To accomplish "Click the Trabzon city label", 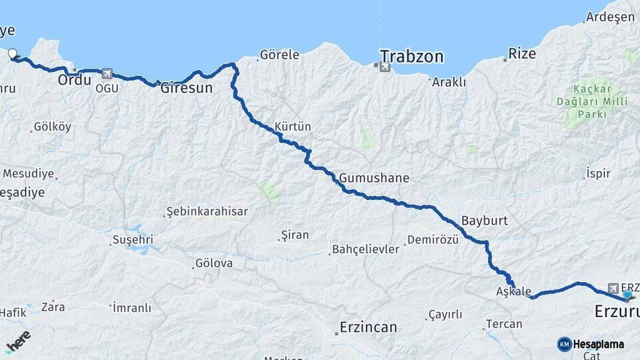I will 411,57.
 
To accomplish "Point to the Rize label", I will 522,54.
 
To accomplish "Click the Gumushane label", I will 373,178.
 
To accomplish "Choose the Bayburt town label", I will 484,220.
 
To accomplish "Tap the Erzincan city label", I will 368,327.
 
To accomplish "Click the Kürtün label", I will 293,126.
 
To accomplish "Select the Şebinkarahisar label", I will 207,211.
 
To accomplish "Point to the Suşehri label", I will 133,239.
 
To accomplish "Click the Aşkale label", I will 513,291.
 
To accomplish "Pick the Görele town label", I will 279,55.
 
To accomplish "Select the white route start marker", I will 13,55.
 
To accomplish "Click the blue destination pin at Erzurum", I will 627,294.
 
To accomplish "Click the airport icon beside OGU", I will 107,73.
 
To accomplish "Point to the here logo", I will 18,341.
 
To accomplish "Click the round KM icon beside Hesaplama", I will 564,344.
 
